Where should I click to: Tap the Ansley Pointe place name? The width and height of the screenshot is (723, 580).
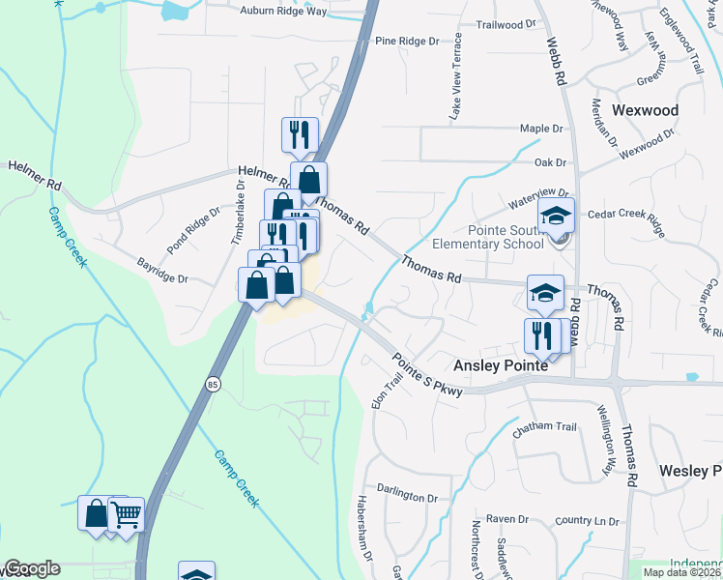pyautogui.click(x=502, y=366)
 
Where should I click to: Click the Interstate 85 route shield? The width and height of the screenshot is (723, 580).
pyautogui.click(x=213, y=385)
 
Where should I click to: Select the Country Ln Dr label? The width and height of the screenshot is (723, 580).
pyautogui.click(x=587, y=521)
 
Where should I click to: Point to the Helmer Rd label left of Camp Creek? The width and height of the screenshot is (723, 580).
pyautogui.click(x=35, y=175)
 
